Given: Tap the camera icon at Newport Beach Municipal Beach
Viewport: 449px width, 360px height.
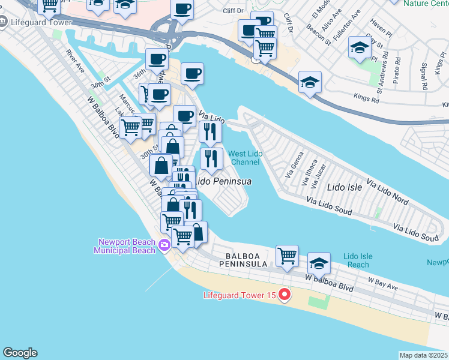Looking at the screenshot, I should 164,245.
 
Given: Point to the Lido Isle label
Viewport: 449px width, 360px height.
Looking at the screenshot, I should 345,187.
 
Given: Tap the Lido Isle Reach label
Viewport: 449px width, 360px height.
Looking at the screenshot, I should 358,260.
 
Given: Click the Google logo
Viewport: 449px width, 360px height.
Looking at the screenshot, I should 20,353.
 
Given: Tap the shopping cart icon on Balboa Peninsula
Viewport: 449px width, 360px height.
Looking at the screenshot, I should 287,257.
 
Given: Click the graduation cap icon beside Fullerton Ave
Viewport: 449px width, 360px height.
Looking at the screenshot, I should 359,49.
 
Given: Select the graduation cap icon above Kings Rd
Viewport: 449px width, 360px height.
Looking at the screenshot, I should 310,83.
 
